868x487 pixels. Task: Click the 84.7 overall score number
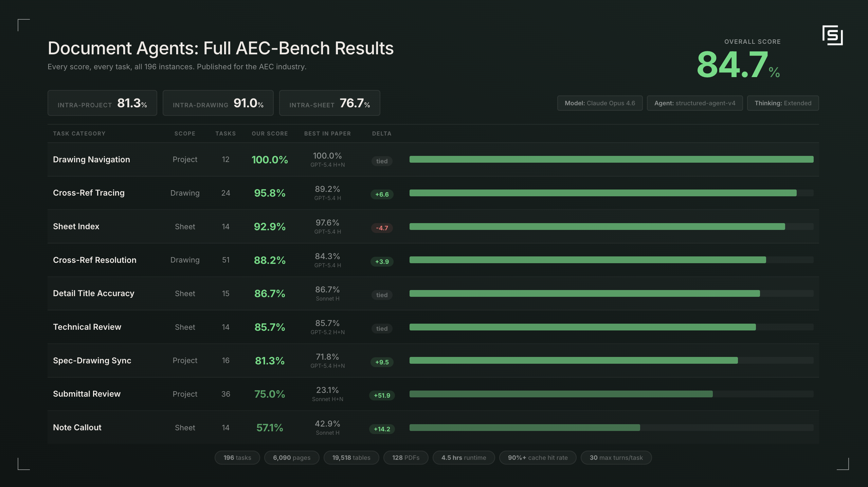731,65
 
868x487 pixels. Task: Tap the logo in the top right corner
832,35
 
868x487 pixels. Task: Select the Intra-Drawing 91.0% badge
218,103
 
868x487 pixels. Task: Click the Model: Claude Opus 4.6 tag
600,103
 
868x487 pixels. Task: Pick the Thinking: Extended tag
783,103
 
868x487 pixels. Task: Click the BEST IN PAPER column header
327,133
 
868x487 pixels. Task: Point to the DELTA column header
382,133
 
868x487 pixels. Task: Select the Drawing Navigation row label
91,160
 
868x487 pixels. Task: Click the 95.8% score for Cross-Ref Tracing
270,193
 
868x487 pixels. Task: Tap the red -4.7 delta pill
382,228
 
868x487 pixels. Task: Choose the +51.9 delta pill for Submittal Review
382,395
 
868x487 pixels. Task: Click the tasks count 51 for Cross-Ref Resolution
226,260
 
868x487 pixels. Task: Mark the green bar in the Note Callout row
525,428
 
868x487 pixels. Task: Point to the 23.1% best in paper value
327,390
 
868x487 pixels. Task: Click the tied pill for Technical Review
382,328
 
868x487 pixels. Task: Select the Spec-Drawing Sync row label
92,360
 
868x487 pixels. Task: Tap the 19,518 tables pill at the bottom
351,457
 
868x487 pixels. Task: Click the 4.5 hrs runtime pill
464,457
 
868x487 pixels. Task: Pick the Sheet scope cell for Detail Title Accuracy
185,293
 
